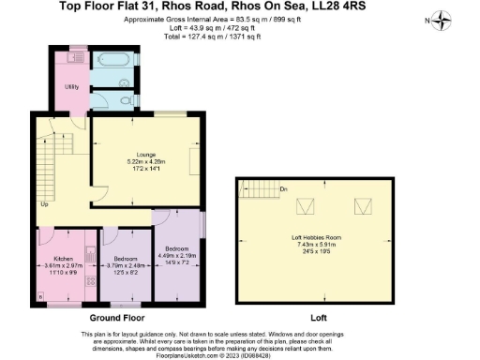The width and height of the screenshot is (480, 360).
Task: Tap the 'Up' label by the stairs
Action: coord(44,203)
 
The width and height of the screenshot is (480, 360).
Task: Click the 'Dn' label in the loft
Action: coord(282,187)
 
